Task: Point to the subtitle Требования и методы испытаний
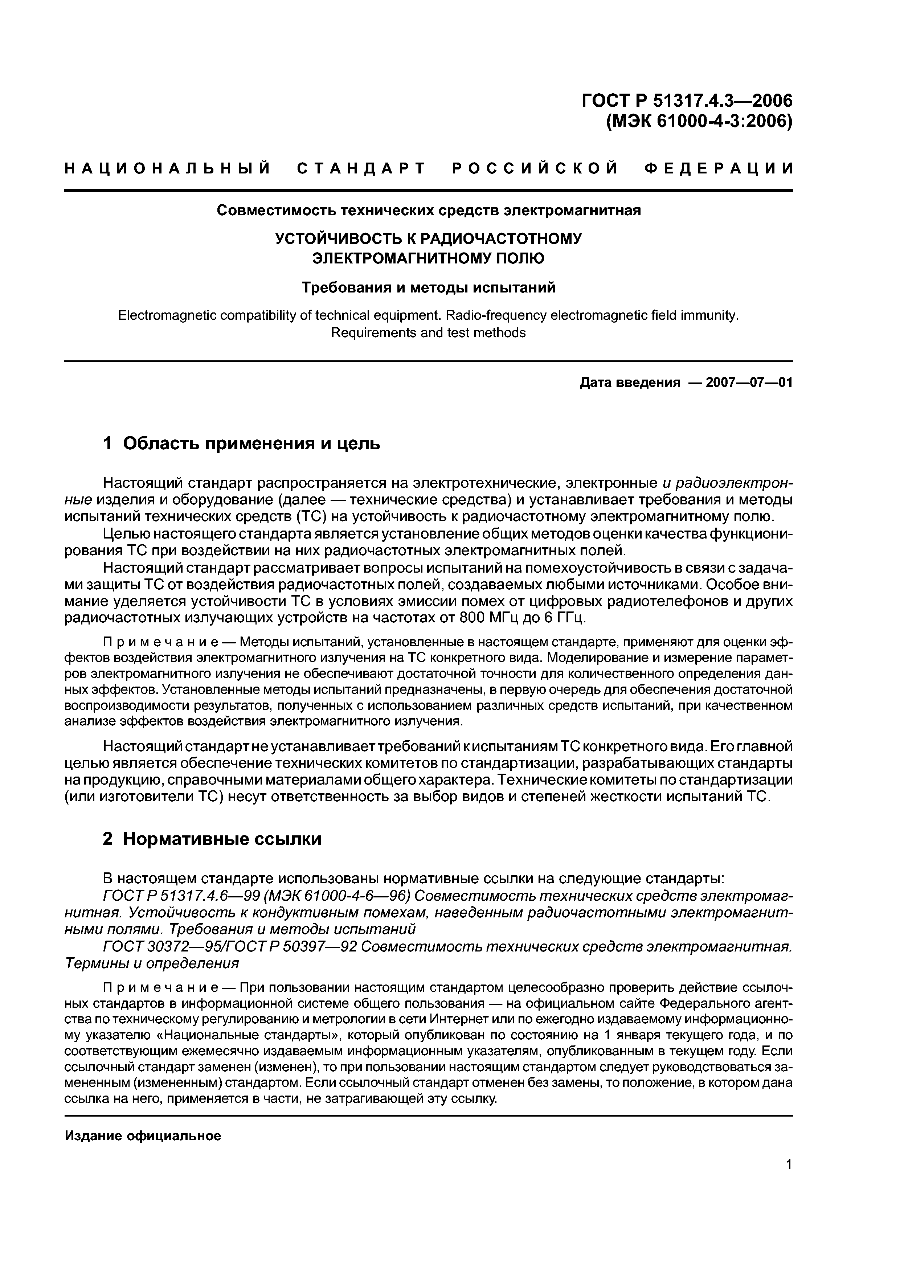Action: pos(428,288)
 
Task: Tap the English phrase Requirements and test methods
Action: pos(428,333)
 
